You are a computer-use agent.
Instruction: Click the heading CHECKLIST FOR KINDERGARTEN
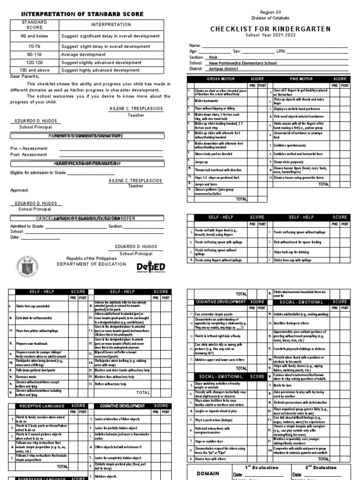point(270,29)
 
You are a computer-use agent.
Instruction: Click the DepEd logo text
point(151,267)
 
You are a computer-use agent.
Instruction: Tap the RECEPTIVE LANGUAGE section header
point(39,405)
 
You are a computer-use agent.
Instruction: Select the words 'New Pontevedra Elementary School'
point(243,63)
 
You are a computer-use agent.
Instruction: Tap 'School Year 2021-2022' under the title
point(270,36)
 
